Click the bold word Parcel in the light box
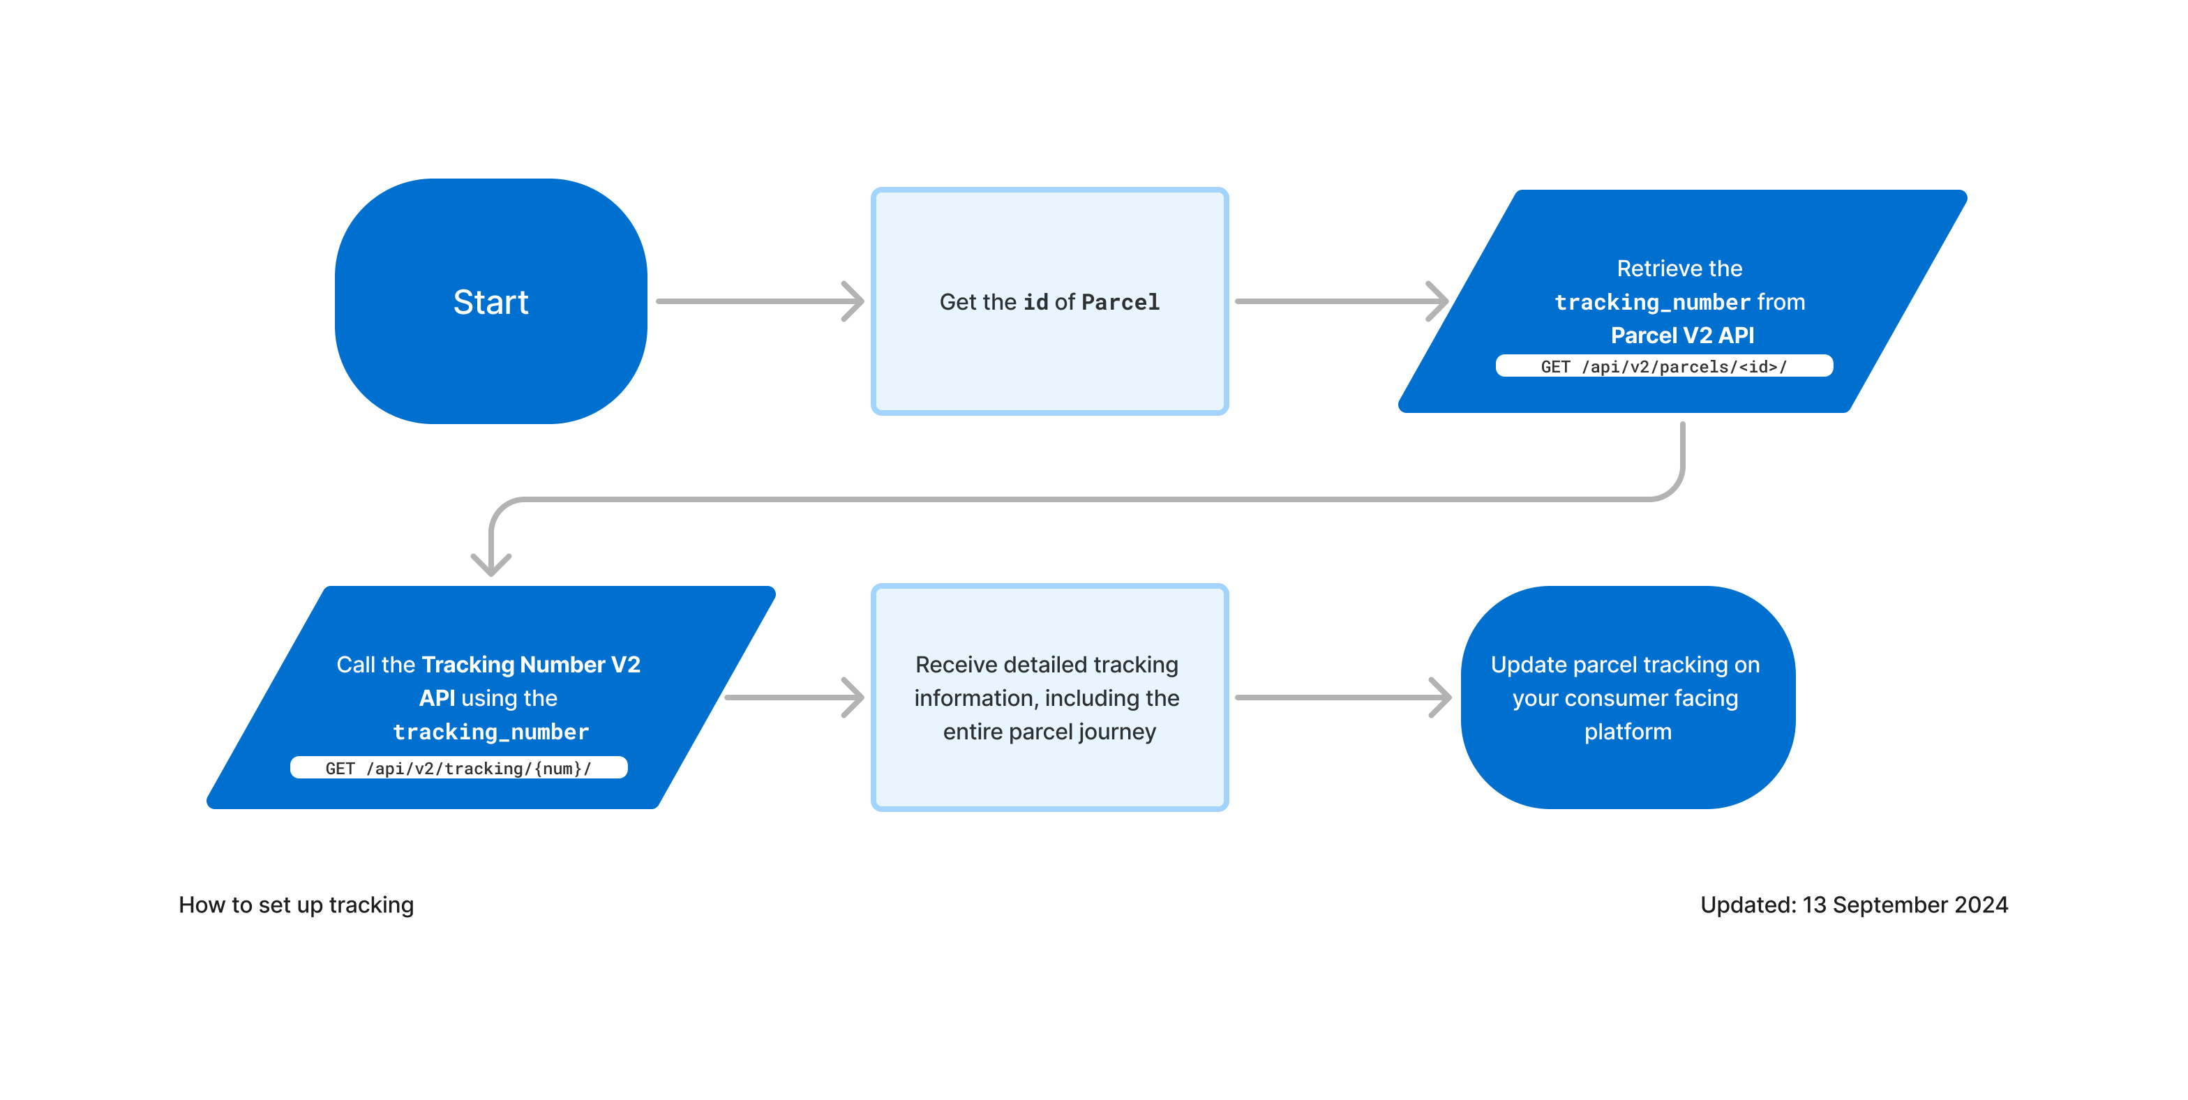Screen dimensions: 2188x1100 [1120, 303]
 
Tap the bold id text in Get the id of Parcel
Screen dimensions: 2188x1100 [1035, 303]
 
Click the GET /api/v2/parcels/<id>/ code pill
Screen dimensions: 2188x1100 [1663, 366]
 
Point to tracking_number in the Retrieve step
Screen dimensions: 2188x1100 [1651, 303]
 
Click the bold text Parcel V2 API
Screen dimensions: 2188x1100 [1681, 336]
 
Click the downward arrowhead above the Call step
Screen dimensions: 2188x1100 [491, 562]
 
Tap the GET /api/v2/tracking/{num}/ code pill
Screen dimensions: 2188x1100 [458, 768]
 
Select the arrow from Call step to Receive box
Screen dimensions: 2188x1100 [794, 698]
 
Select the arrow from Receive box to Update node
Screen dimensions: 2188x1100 [1342, 698]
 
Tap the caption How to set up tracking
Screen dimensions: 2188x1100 [296, 905]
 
